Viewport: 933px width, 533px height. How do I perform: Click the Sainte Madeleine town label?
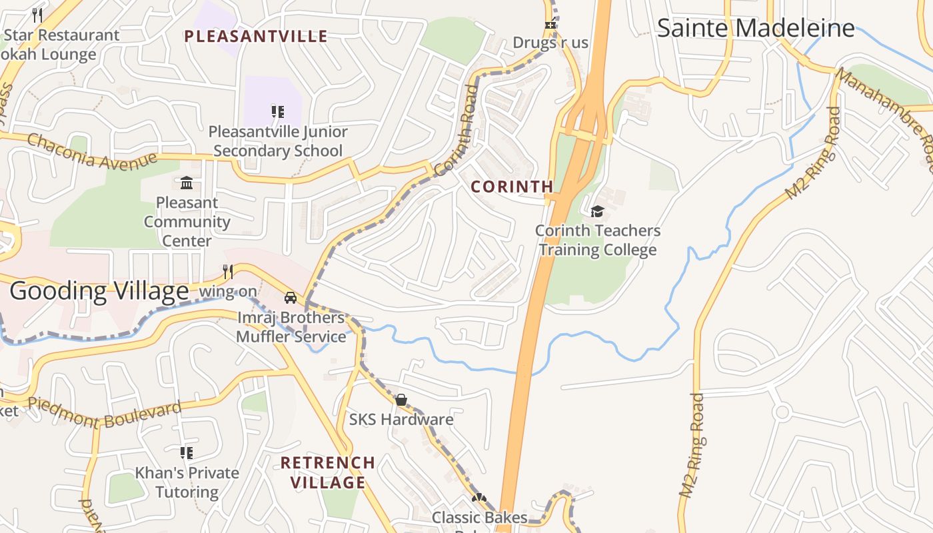point(756,28)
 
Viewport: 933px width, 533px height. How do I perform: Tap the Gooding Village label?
point(99,291)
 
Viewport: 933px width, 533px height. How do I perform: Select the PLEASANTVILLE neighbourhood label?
point(256,36)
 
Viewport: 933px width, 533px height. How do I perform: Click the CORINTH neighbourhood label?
point(512,187)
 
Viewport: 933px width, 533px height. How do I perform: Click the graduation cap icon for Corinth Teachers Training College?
point(597,212)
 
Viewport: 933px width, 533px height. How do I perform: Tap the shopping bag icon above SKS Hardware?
point(401,400)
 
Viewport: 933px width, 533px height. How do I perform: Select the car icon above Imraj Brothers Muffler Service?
point(291,297)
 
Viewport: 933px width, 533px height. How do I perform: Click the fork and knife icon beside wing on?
point(228,272)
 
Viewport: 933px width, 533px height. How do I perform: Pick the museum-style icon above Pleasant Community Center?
point(187,183)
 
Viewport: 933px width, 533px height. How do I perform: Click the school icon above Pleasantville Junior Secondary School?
point(277,112)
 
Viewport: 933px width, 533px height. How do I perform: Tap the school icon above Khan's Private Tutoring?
point(187,453)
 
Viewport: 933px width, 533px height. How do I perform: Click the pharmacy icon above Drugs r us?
point(550,25)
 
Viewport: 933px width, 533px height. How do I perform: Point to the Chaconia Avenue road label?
point(92,151)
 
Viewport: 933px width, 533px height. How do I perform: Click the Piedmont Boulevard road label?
point(105,413)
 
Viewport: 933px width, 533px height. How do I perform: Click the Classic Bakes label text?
point(479,518)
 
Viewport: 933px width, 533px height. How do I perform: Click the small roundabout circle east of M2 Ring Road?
point(782,412)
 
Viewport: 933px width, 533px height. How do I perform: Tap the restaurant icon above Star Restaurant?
point(37,15)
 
